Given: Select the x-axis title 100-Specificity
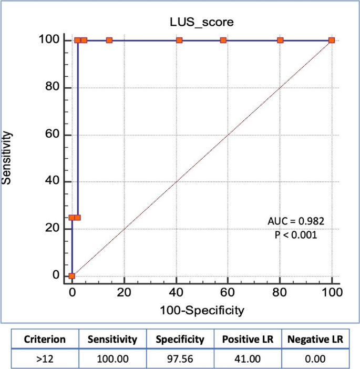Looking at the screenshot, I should pyautogui.click(x=202, y=311).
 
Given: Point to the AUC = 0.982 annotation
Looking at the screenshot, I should pyautogui.click(x=296, y=221).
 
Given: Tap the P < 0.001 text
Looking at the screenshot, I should pyautogui.click(x=296, y=235).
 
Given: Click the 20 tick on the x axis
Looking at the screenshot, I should pyautogui.click(x=124, y=293).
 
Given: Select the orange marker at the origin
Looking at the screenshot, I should pyautogui.click(x=72, y=276).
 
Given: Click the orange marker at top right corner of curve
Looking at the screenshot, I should pyautogui.click(x=332, y=40).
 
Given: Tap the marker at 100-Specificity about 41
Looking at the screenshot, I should pyautogui.click(x=179, y=40).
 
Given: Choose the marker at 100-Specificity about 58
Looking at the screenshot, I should pyautogui.click(x=223, y=40).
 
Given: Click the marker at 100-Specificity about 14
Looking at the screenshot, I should pyautogui.click(x=109, y=40).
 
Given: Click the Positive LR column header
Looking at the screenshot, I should pyautogui.click(x=247, y=340).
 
